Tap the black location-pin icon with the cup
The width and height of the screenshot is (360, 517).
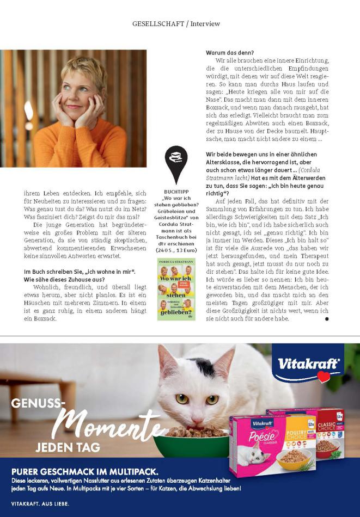176,163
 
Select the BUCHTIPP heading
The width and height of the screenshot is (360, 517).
176,192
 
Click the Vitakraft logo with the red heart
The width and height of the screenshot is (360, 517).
308,364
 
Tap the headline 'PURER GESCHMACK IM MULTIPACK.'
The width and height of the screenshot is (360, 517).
85,471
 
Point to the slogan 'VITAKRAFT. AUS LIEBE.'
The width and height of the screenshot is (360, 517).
40,504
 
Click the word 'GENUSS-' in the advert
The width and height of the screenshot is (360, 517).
38,404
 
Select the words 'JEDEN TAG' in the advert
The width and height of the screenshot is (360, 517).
68,448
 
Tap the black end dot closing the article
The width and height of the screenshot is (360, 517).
327,319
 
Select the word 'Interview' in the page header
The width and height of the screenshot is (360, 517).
205,24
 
